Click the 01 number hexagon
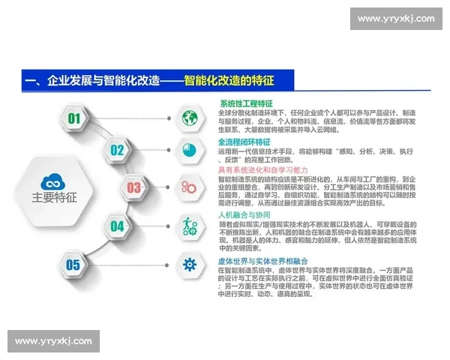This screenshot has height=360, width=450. [x=73, y=118]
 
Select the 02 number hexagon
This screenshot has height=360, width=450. [x=117, y=150]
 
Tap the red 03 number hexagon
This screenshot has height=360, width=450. [x=133, y=187]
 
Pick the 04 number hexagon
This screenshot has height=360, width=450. [x=117, y=225]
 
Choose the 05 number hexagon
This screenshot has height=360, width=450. [x=73, y=264]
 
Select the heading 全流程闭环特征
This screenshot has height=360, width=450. [x=246, y=142]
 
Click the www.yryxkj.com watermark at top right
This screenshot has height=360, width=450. [x=395, y=19]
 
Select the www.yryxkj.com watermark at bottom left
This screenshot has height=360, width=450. [x=53, y=341]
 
